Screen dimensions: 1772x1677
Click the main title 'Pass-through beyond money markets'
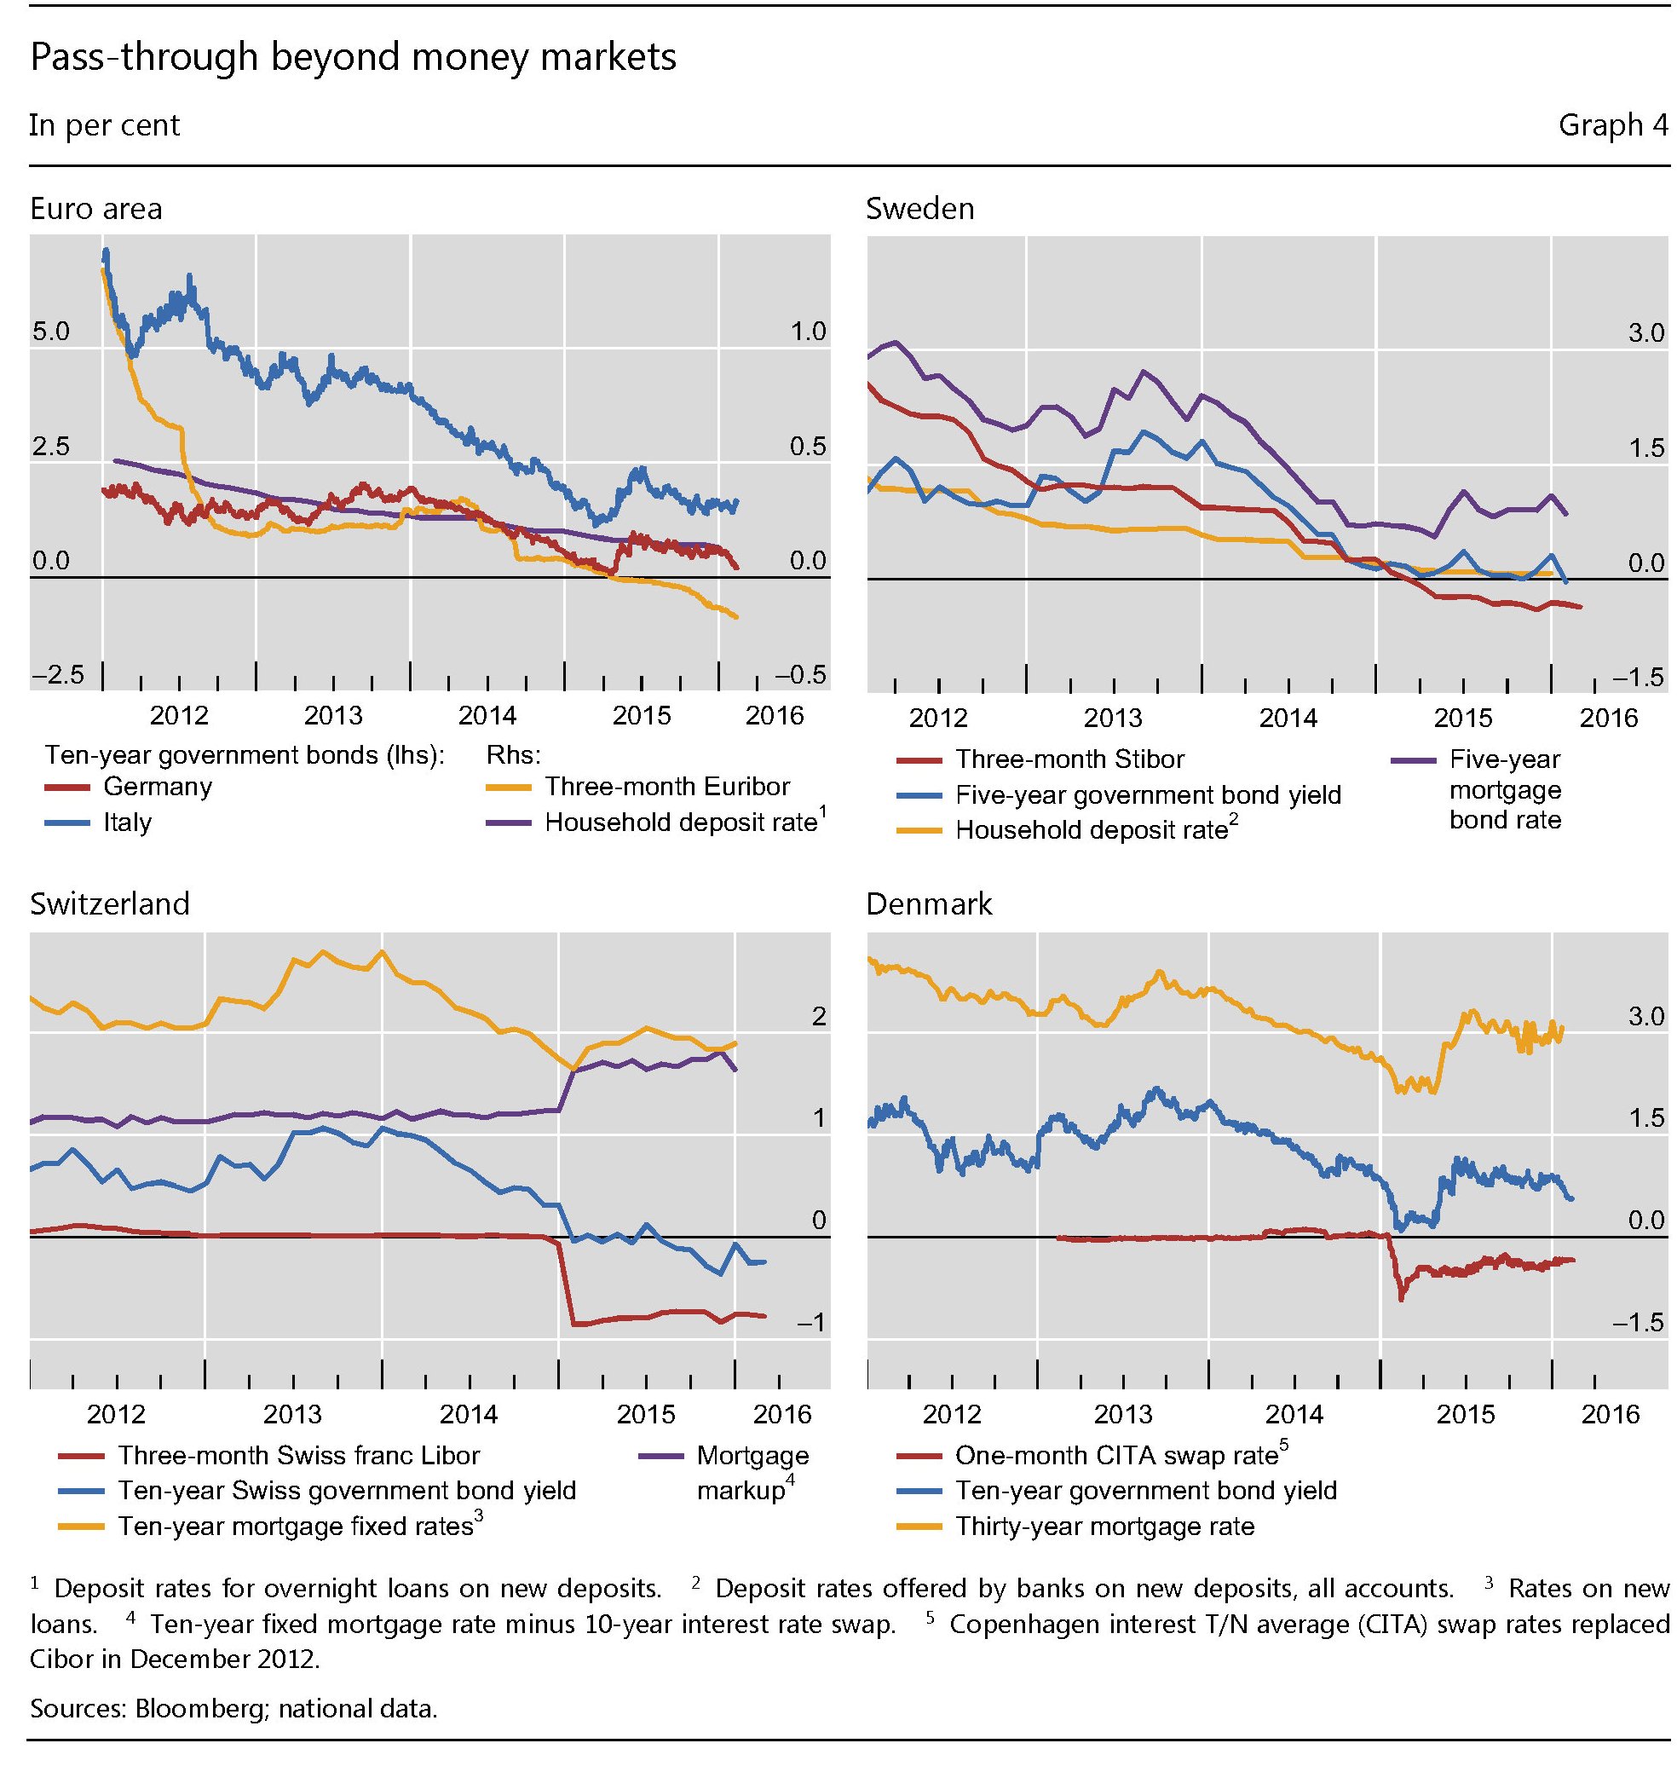coord(353,57)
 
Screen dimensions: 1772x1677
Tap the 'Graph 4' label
coord(1611,125)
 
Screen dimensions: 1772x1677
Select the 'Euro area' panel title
coord(95,209)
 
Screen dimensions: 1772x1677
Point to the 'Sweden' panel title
coord(919,209)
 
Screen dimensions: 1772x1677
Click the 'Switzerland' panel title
coord(110,903)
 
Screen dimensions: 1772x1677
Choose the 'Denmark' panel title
coord(929,903)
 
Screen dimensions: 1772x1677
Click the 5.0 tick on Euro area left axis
coord(50,332)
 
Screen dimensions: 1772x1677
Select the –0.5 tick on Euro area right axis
coord(801,676)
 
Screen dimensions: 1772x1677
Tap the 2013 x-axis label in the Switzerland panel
coord(292,1414)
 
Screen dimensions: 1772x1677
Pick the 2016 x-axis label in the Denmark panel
coord(1611,1414)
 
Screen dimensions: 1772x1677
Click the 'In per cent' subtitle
coord(105,125)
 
